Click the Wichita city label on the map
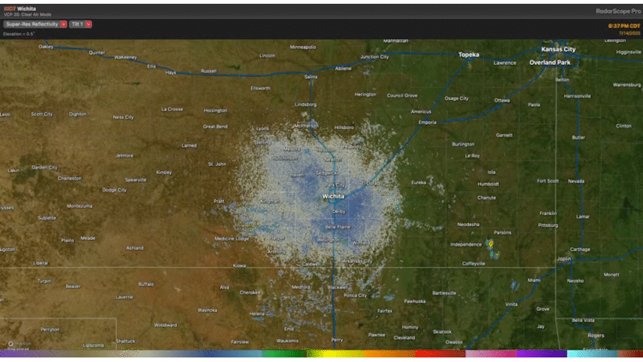click(x=333, y=197)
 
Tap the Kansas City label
click(x=558, y=50)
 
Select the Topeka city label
click(x=470, y=54)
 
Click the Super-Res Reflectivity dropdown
click(x=35, y=24)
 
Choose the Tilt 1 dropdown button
click(x=81, y=24)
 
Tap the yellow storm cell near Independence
click(x=491, y=244)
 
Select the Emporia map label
click(x=427, y=121)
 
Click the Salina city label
click(x=311, y=76)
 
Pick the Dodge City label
click(x=115, y=190)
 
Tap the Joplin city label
click(x=564, y=259)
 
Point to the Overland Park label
click(x=550, y=63)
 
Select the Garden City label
click(x=44, y=167)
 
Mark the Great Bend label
click(x=215, y=127)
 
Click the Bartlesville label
click(x=444, y=293)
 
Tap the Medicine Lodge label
click(x=231, y=238)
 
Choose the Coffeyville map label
click(x=474, y=263)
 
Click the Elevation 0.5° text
click(x=19, y=34)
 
